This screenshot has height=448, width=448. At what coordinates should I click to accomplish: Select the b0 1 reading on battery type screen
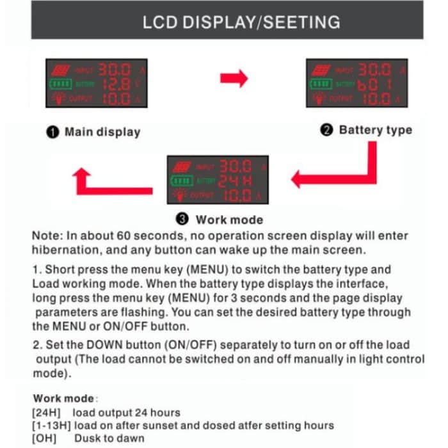pos(374,84)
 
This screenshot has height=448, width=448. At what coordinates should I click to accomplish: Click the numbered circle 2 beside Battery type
pos(326,131)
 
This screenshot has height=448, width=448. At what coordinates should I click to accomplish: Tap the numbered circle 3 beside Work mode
pos(184,220)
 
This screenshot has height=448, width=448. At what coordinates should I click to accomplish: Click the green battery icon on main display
pos(59,84)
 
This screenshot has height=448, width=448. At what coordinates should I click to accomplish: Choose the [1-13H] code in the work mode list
pos(53,426)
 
